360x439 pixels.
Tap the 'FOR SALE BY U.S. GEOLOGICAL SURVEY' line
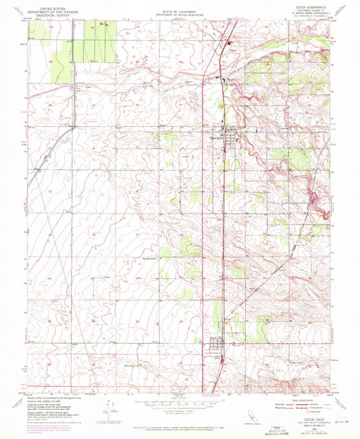pyautogui.click(x=179, y=423)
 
